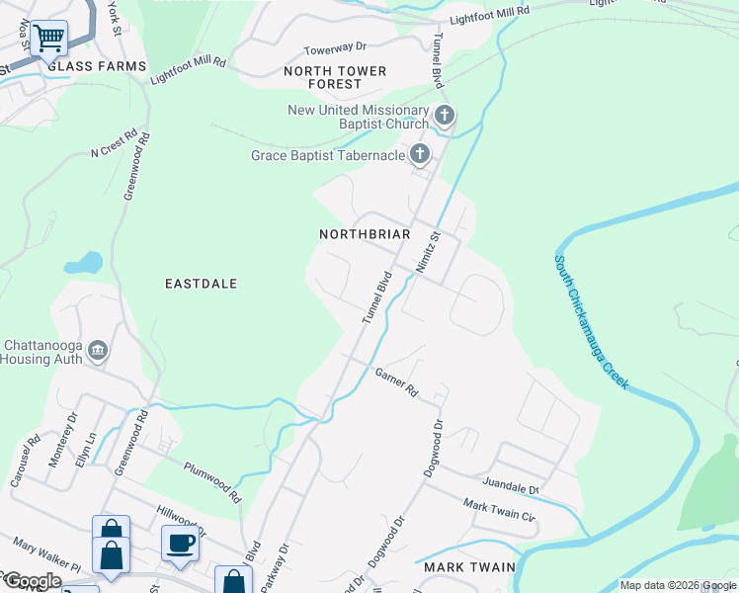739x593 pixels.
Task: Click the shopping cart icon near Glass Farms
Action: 48,39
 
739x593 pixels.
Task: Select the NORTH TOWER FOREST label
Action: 335,78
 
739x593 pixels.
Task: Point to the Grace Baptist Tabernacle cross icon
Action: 420,154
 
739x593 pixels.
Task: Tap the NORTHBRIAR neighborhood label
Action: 365,234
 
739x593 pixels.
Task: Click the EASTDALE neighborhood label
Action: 201,284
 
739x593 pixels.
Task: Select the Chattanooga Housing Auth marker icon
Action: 97,350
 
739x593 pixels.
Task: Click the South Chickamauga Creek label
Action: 592,322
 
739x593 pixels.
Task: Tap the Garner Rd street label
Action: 397,382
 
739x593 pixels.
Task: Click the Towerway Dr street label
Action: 335,46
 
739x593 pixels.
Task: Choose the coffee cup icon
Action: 181,544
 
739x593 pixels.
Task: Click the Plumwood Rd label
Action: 211,481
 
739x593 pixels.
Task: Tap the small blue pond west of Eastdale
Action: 83,264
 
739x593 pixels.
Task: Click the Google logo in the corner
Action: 33,581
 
